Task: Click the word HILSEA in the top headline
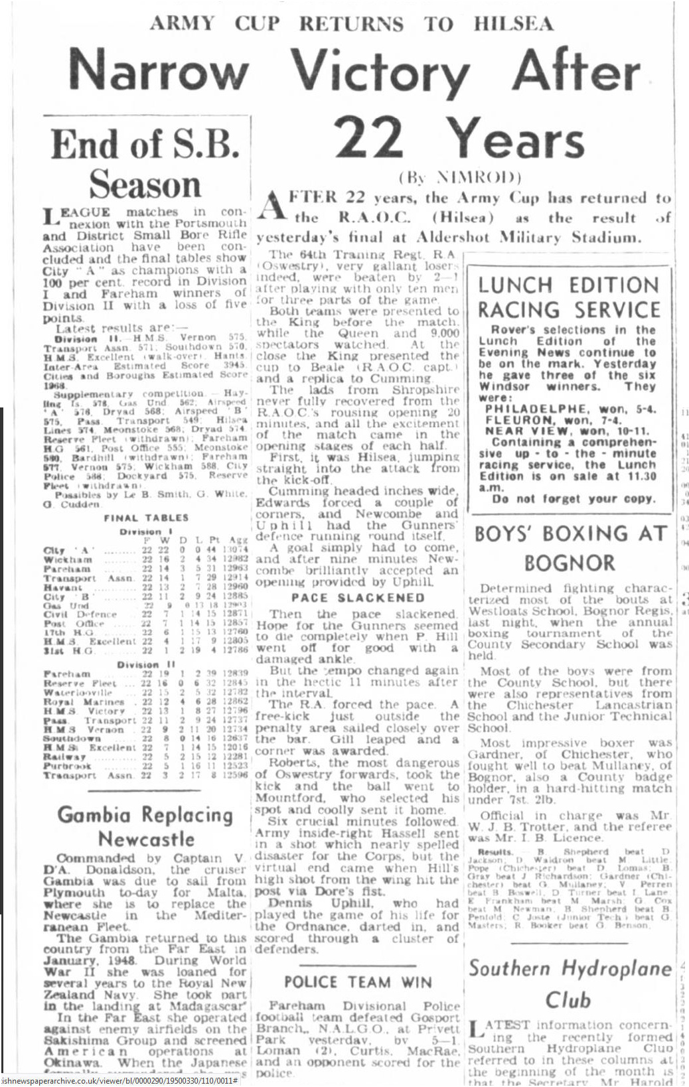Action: click(513, 24)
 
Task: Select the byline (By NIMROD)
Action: click(460, 178)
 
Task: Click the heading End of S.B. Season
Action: click(145, 163)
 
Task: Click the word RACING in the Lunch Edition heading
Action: click(519, 310)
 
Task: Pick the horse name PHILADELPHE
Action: click(536, 409)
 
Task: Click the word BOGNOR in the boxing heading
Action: click(570, 563)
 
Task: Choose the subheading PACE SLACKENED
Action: click(357, 598)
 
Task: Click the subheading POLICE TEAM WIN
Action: click(358, 982)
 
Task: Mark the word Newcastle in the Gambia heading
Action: click(146, 839)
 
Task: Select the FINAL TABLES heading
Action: click(146, 518)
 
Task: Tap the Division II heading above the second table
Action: click(146, 664)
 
